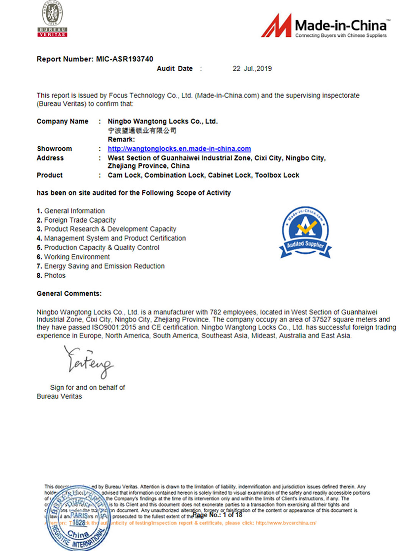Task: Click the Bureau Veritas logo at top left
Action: tap(52, 19)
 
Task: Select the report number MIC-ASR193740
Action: tap(124, 59)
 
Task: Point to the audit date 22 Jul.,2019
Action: tap(252, 69)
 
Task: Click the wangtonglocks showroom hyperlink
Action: tap(179, 149)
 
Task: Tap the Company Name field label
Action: tap(62, 121)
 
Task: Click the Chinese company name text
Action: tap(142, 131)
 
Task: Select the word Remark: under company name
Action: tap(121, 139)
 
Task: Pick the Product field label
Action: tap(49, 175)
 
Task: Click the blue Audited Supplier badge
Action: tap(306, 232)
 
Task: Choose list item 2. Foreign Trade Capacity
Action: tap(76, 220)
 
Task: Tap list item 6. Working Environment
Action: tap(73, 257)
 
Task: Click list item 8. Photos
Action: tap(51, 275)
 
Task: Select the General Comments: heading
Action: tap(69, 294)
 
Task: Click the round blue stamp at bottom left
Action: tap(77, 518)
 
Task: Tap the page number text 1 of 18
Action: tap(233, 515)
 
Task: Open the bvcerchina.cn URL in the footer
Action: tap(286, 523)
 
